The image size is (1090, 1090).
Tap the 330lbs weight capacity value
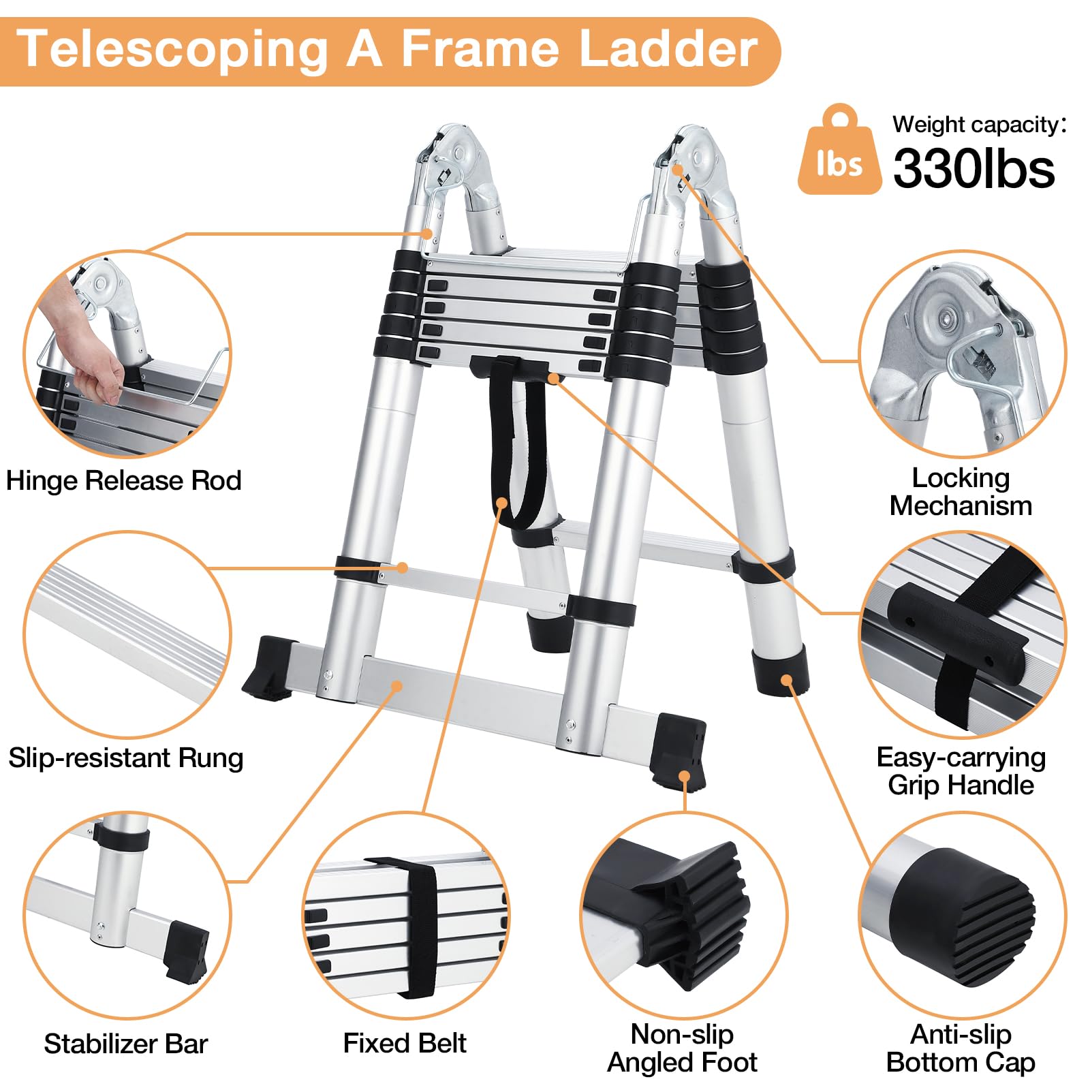[974, 169]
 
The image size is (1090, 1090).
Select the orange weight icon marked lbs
[839, 153]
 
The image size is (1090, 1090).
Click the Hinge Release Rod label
[123, 481]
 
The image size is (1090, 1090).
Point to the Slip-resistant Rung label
[125, 758]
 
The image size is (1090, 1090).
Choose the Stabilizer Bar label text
[125, 1044]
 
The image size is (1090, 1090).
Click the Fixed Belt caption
[405, 1043]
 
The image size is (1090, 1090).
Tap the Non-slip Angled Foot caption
[682, 1048]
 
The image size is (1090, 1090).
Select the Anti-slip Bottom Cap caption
[961, 1048]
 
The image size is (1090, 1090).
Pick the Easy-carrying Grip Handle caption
[961, 771]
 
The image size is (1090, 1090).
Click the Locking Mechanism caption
[961, 492]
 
